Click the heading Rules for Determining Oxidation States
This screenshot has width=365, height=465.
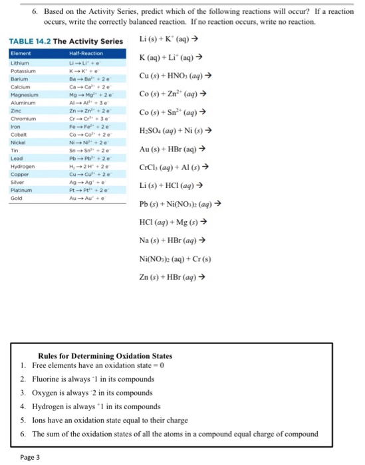pos(106,355)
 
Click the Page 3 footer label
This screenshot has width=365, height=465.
pos(30,457)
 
